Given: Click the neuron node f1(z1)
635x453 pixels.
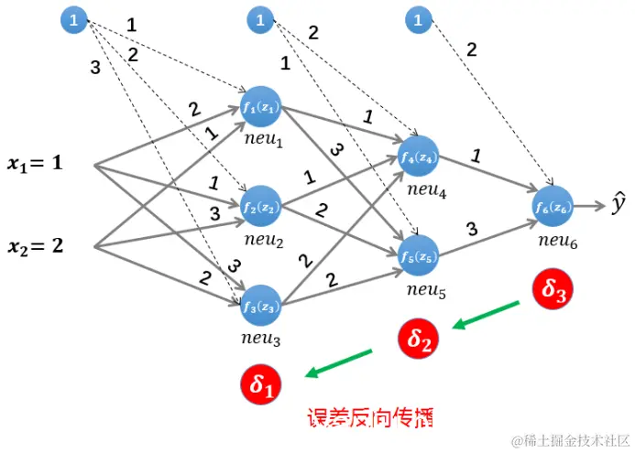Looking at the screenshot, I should click(260, 107).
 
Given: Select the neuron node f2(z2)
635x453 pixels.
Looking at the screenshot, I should click(260, 206).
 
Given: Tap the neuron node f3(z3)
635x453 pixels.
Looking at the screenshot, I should click(260, 306).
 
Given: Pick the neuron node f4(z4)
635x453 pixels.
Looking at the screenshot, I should click(420, 156).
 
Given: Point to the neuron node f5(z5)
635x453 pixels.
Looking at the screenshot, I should click(420, 255).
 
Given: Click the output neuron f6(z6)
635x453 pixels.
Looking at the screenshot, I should click(553, 207).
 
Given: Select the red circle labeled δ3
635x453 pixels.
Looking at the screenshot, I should click(553, 290).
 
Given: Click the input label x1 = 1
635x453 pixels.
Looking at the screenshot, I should click(36, 165).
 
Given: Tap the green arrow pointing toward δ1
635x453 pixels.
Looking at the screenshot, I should click(339, 361).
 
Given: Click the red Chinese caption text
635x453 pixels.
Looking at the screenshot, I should click(369, 419).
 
